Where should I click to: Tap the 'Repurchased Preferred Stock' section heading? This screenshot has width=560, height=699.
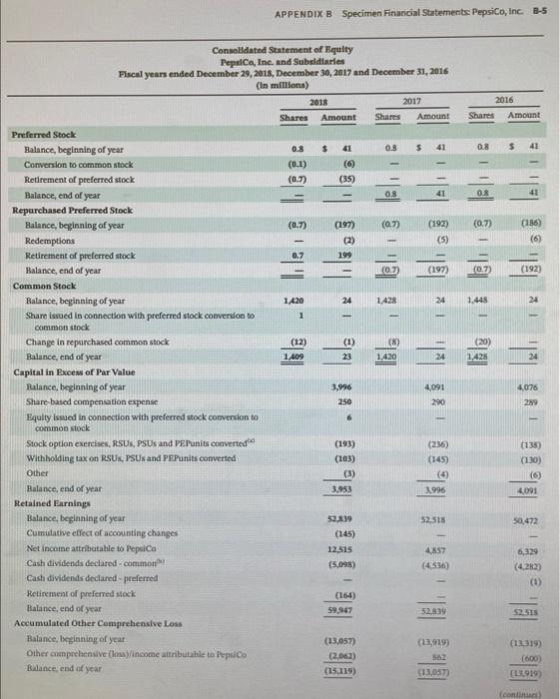[x=65, y=211]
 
